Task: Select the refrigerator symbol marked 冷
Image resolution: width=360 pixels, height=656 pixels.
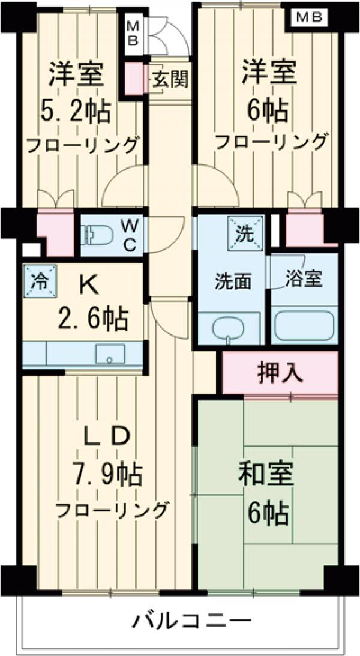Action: pyautogui.click(x=40, y=280)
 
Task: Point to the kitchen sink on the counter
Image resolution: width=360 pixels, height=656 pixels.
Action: pyautogui.click(x=110, y=354)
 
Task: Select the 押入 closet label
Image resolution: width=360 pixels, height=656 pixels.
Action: pyautogui.click(x=280, y=373)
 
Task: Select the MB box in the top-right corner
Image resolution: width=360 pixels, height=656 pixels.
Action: pyautogui.click(x=309, y=17)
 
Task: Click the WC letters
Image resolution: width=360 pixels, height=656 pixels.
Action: pyautogui.click(x=130, y=235)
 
